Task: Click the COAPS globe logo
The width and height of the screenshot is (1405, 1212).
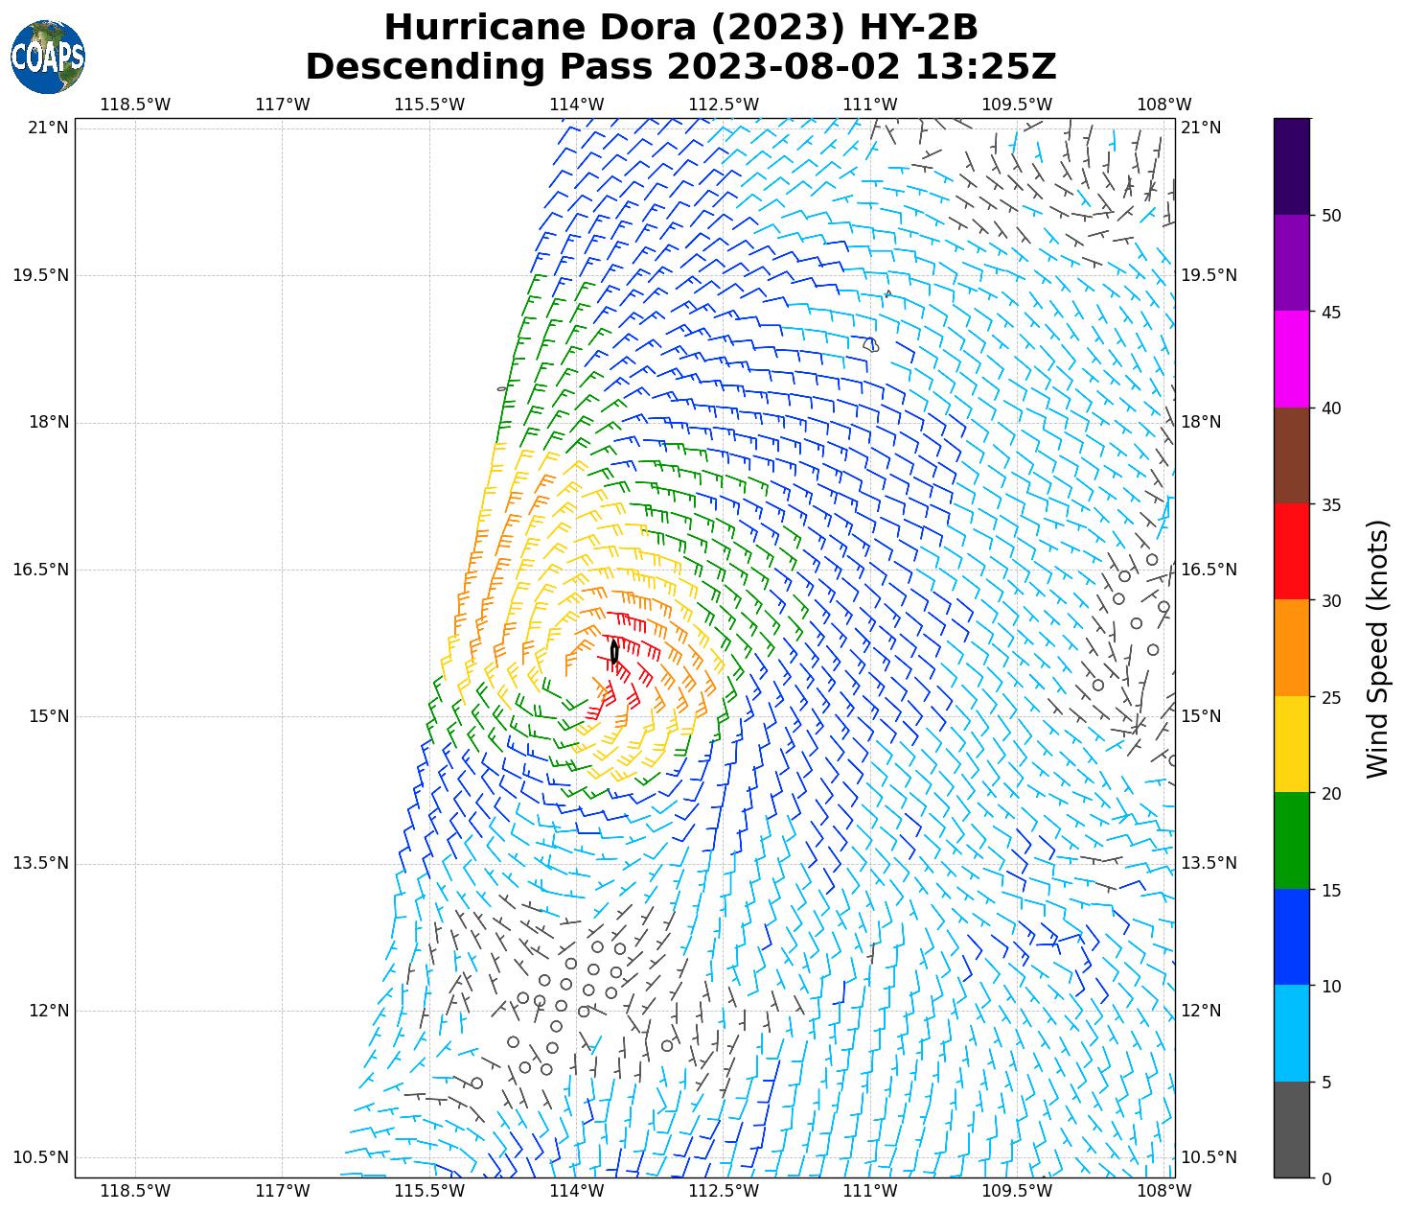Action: click(x=48, y=57)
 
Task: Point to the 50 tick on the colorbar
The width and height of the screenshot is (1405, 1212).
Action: click(x=1330, y=216)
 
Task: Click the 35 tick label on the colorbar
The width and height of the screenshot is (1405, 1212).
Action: click(x=1330, y=505)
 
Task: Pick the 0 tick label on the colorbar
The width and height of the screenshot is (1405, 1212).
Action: click(x=1326, y=1178)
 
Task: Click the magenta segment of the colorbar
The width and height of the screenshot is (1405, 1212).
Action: click(x=1292, y=359)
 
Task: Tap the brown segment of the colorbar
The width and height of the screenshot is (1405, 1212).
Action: click(x=1292, y=455)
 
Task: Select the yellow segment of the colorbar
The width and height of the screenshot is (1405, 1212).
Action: click(x=1292, y=744)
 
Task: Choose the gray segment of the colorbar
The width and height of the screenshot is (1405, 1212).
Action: click(x=1292, y=1130)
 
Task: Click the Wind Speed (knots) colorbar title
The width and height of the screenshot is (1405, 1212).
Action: click(x=1377, y=648)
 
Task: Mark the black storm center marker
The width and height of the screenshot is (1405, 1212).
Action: click(x=614, y=652)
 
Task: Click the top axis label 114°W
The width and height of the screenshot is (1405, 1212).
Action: click(x=577, y=105)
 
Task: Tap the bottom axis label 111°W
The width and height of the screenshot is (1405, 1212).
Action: click(x=870, y=1191)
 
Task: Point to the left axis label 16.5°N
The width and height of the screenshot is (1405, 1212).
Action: click(x=40, y=570)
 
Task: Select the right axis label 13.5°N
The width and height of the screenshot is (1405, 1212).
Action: click(x=1209, y=863)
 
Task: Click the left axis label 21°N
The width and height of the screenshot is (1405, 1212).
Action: click(x=48, y=128)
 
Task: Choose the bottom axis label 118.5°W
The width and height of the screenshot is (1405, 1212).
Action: click(x=135, y=1191)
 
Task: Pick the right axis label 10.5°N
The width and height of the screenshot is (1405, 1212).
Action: click(x=1209, y=1157)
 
